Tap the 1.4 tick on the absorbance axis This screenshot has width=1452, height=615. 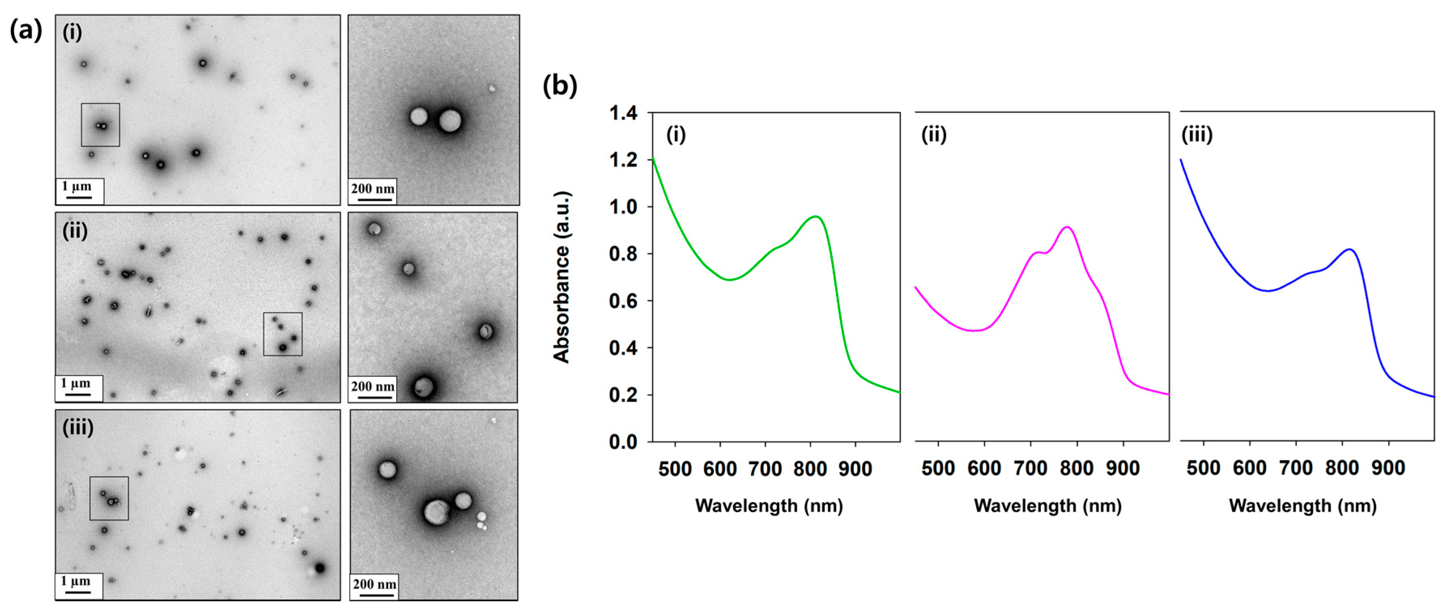(x=623, y=113)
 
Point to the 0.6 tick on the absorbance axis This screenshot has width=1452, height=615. (x=623, y=301)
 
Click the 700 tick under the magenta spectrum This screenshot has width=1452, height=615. (x=1030, y=468)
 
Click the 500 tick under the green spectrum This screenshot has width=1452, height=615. (x=675, y=469)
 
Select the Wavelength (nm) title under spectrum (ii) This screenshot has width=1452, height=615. (x=1047, y=506)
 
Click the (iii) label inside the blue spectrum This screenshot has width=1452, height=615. (x=1197, y=135)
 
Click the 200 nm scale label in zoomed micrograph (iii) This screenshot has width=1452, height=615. (x=374, y=584)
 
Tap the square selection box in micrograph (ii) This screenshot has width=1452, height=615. (x=283, y=334)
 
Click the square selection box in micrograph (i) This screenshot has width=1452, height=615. (x=100, y=125)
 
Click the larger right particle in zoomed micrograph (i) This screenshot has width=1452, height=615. (x=450, y=121)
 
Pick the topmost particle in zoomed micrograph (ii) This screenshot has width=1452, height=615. (x=374, y=229)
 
